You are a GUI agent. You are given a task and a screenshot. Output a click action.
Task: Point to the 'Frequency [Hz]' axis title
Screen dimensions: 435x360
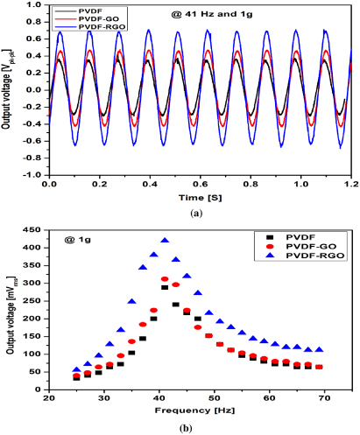[x=187, y=410]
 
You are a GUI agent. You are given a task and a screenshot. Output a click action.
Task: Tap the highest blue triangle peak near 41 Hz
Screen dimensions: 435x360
[x=165, y=241]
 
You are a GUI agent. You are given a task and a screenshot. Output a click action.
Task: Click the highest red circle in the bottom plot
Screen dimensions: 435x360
[x=165, y=279]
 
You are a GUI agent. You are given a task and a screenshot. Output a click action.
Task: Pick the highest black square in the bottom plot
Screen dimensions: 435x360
[x=165, y=287]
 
